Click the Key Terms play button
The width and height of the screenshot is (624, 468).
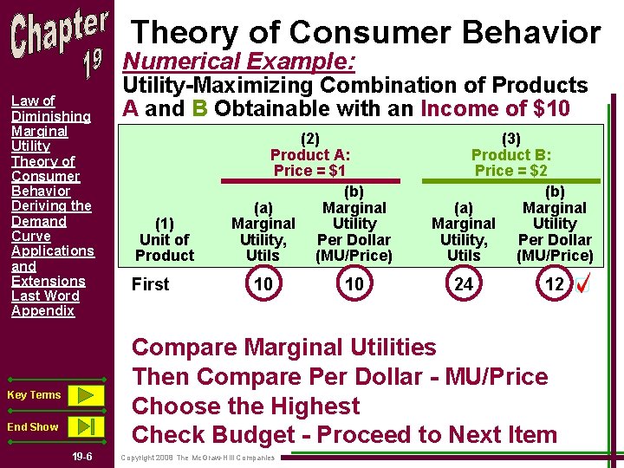coord(85,395)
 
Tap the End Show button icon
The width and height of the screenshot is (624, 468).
coord(85,426)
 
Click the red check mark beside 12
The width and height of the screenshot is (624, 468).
coord(583,284)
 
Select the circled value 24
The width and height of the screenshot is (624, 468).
coord(464,284)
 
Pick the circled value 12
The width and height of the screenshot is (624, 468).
coord(555,284)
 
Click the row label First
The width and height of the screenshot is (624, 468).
coord(150,284)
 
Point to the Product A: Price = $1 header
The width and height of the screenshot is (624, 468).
coord(311,154)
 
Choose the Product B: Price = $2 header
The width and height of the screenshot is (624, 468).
coord(511,154)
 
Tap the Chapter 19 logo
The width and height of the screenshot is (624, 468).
coord(59,43)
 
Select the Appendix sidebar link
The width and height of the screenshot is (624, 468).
coord(42,310)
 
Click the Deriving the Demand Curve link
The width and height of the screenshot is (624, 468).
coord(50,221)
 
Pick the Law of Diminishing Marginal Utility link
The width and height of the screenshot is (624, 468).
coord(50,123)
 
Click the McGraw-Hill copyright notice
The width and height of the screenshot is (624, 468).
coord(198,458)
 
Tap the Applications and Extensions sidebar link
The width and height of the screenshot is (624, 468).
coord(52,265)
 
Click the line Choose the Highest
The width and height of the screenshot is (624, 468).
coord(245,406)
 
